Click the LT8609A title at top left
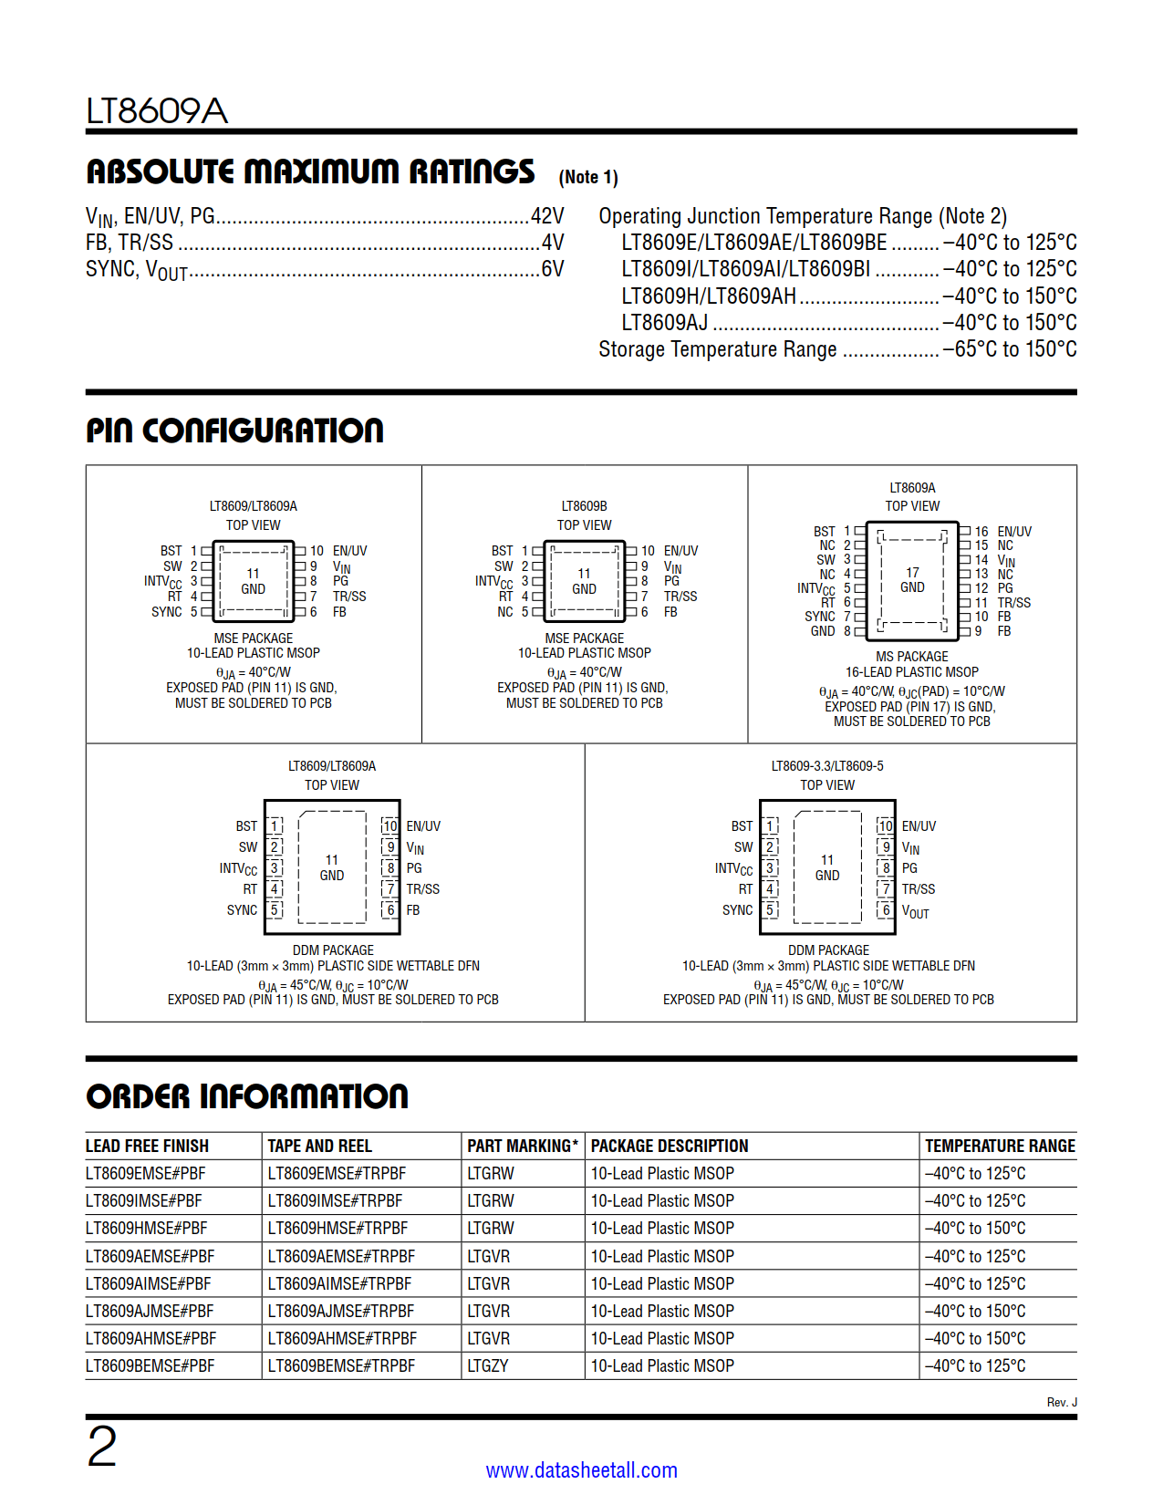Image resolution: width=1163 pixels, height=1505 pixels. (x=156, y=111)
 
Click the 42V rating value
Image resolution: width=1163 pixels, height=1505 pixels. (x=547, y=216)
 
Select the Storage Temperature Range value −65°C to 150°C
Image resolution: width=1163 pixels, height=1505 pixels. (x=1009, y=349)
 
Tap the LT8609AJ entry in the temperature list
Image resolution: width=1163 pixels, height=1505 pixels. (x=664, y=323)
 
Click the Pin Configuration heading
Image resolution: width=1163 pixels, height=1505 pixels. (x=234, y=431)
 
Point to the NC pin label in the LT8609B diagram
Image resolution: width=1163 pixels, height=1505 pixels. (x=505, y=612)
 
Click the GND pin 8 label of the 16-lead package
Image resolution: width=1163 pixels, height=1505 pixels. (x=823, y=631)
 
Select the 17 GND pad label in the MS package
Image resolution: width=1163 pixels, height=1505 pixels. (x=912, y=580)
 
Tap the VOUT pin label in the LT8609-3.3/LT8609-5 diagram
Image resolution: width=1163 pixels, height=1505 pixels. (x=915, y=911)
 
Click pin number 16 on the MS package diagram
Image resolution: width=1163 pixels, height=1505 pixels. (x=981, y=531)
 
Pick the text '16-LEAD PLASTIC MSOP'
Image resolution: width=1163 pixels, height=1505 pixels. (x=911, y=672)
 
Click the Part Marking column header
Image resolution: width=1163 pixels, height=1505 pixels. (x=523, y=1146)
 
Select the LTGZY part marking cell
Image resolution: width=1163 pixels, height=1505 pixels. (x=488, y=1365)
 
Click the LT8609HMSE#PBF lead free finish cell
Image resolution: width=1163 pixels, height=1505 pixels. (x=147, y=1229)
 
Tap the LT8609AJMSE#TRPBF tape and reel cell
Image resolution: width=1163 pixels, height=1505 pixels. (x=341, y=1311)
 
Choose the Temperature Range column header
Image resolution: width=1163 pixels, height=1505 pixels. (x=1000, y=1146)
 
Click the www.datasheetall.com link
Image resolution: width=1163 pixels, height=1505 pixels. (x=581, y=1470)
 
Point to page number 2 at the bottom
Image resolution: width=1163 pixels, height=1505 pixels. (x=101, y=1447)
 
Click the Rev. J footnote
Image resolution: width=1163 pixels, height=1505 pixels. (x=1061, y=1402)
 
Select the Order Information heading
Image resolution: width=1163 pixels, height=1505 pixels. (x=247, y=1096)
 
